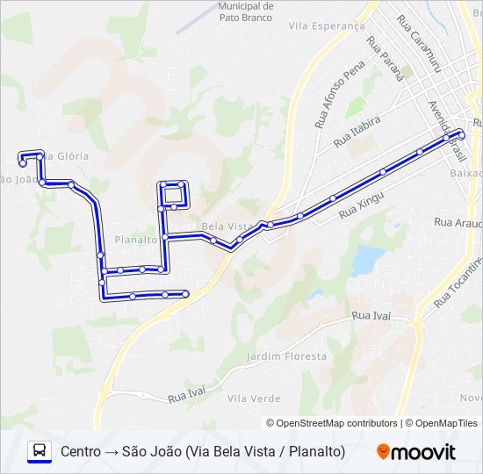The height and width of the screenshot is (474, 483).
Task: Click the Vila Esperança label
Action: coord(327,26)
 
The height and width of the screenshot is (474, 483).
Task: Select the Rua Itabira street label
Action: coord(356,132)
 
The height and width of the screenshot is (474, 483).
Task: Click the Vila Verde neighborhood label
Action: coord(254,399)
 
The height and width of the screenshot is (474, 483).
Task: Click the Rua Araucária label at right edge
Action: coord(458,224)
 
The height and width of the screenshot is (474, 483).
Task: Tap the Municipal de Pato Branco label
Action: coord(246,11)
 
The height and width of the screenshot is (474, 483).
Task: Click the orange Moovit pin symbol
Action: coord(383,452)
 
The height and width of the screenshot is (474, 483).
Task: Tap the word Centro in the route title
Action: coord(81,452)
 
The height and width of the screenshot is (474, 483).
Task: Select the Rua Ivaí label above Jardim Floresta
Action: coord(371,315)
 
